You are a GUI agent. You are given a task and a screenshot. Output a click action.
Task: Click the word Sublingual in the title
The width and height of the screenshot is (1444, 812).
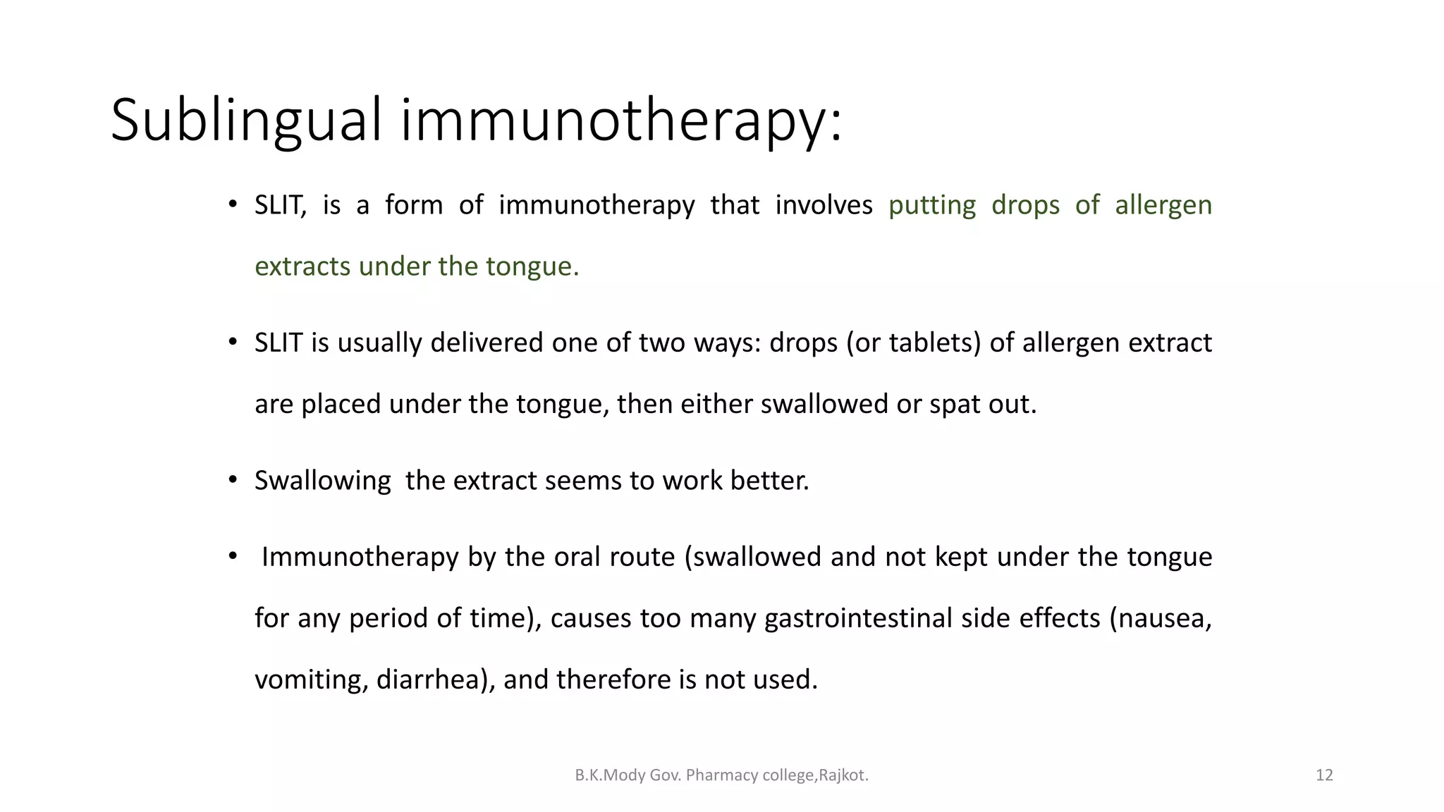tap(246, 120)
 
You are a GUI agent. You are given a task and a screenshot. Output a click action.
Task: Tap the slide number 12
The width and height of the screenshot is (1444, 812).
tap(1324, 775)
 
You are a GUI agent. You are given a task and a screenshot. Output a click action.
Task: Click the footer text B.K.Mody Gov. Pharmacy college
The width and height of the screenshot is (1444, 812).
tap(721, 775)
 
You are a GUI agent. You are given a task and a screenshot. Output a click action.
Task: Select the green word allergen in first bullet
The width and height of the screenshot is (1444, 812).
tap(1163, 205)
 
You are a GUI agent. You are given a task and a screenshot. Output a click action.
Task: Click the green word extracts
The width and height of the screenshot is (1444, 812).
tap(302, 266)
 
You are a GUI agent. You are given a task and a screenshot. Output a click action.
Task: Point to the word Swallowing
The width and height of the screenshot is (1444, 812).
tap(322, 481)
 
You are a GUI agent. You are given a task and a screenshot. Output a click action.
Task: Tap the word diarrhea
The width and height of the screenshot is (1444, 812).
tap(432, 679)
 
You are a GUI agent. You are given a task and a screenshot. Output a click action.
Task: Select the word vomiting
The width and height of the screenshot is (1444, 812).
tap(310, 679)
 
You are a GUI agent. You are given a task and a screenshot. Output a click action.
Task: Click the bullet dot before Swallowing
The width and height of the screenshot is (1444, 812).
tap(233, 481)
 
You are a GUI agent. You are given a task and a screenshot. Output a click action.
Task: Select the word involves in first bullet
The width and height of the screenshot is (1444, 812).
tap(824, 205)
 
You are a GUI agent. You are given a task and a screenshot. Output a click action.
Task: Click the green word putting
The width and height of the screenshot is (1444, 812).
tap(931, 205)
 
